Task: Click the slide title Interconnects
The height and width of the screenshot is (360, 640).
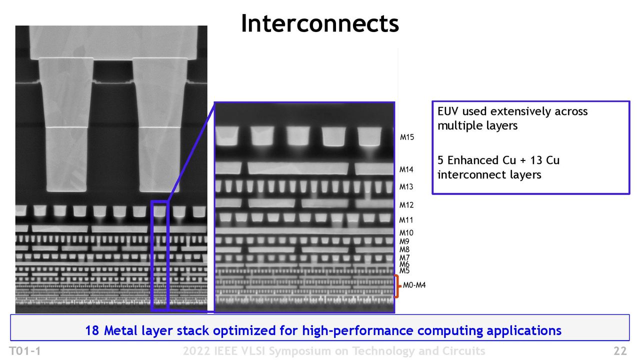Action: tap(320, 23)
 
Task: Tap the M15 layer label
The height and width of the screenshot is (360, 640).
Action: tap(407, 137)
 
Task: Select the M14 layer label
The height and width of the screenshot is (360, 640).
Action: tap(406, 169)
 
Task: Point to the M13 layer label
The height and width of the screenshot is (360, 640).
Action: tap(406, 187)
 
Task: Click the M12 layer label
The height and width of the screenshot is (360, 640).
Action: tap(406, 205)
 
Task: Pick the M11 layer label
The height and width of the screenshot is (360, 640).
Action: tap(406, 220)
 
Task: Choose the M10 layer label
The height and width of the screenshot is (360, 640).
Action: tap(406, 233)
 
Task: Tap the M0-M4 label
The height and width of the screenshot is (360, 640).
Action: tap(414, 285)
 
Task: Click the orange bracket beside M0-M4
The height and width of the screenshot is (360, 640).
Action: tap(397, 286)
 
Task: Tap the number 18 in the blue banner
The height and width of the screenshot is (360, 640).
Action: tap(92, 330)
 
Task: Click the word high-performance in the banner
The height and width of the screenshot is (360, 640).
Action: tap(357, 331)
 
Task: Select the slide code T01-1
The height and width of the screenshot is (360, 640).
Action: tap(25, 351)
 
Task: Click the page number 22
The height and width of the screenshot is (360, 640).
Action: tap(620, 351)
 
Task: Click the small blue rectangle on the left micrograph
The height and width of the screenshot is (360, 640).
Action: tap(159, 255)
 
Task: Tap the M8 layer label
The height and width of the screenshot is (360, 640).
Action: tap(404, 249)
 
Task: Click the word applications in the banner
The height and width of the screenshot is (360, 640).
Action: tap(524, 331)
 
